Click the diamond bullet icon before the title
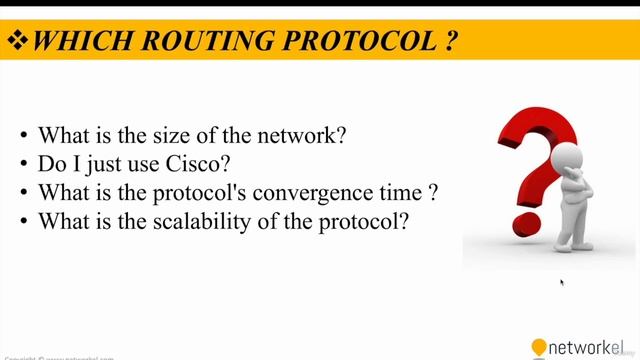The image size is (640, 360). click(18, 41)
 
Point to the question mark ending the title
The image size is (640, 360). click(451, 41)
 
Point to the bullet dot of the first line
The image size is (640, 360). click(24, 135)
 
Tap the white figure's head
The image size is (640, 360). click(567, 159)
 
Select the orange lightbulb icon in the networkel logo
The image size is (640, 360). click(539, 347)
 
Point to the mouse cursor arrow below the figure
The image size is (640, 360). click(562, 283)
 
